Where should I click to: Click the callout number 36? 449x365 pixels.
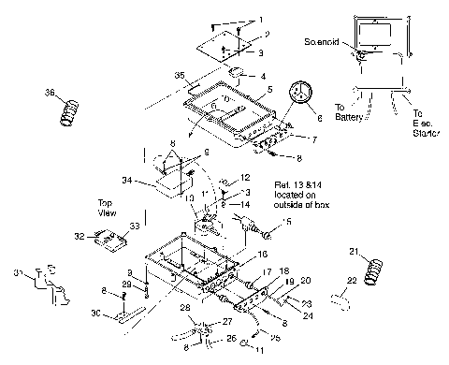tap(50, 93)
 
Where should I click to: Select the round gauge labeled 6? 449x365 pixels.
tap(300, 96)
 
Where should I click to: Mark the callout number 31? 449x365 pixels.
tap(15, 272)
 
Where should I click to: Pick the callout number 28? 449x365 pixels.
tap(185, 308)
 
